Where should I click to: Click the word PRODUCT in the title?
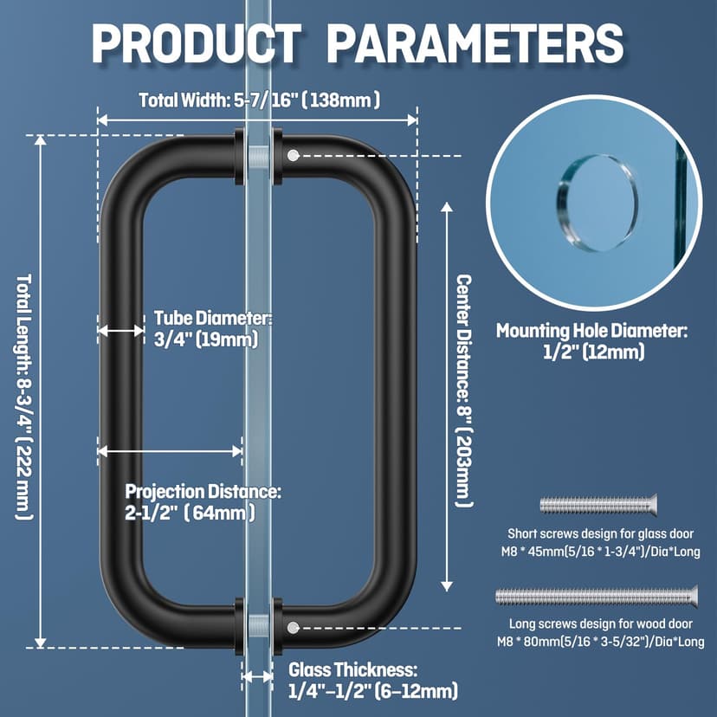coord(197,42)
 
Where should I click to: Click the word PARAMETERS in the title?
coord(475,42)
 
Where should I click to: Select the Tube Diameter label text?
coord(213,318)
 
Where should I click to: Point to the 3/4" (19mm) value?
coord(206,339)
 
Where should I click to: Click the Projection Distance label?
coord(203,492)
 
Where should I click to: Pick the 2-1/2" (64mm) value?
coord(191,513)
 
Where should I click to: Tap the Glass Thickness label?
coord(352,670)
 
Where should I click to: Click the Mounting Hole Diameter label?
coord(591,331)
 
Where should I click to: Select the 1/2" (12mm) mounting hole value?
coord(594,352)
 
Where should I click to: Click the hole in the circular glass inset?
coord(597,203)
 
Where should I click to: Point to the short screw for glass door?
coord(598,505)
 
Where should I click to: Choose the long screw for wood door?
coord(597,596)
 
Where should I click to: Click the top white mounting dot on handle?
coord(293,156)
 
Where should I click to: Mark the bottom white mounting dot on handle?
coord(293,627)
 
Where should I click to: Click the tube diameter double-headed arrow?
coord(121,330)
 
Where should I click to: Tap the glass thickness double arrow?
coord(257,677)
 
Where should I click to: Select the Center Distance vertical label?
coord(464,391)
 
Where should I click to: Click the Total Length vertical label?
coord(23,397)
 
